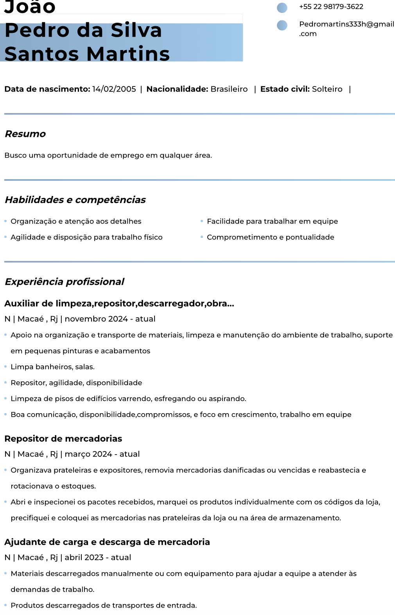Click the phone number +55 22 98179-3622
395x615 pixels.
331,7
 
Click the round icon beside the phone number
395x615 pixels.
282,7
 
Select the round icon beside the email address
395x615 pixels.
282,25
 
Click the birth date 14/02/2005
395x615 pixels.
114,89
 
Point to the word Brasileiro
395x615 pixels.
229,89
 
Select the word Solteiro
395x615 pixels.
327,89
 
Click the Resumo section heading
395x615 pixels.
25,134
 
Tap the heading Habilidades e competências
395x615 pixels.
75,200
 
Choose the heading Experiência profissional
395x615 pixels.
64,282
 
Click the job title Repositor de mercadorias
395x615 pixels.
63,439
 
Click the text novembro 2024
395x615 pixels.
96,319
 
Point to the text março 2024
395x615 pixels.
88,454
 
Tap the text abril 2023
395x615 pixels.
84,557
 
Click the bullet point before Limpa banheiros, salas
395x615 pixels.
6,367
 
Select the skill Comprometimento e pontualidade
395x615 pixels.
270,237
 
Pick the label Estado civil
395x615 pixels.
285,89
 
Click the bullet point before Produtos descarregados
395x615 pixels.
6,605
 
